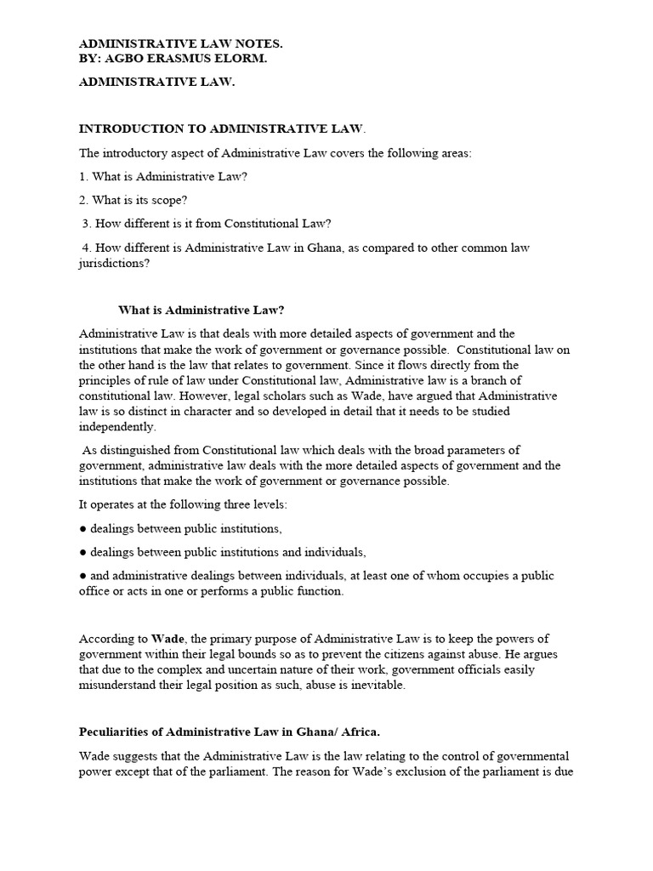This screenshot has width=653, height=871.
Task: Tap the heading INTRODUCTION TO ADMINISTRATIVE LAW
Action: pos(221,128)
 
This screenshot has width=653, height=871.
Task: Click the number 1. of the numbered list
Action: pos(84,176)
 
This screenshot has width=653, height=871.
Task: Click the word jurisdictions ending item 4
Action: pos(113,263)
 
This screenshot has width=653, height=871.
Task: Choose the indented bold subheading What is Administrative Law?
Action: pos(207,309)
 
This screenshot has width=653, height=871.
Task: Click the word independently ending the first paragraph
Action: pos(118,427)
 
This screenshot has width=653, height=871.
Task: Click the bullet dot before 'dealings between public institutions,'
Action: pos(83,528)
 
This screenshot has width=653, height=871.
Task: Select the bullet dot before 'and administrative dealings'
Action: pos(83,576)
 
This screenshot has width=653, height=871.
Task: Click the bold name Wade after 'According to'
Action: pos(168,638)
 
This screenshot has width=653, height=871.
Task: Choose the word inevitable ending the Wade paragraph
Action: pos(377,685)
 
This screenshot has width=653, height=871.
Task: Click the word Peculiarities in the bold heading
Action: pos(117,732)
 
